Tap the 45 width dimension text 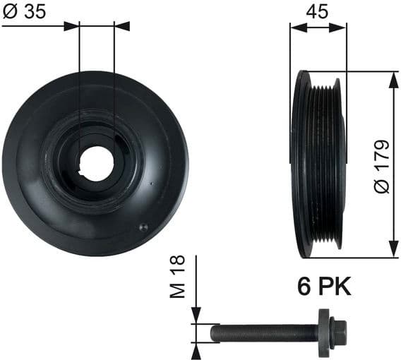click(318, 12)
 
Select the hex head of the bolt click(338, 330)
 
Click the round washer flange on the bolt click(324, 330)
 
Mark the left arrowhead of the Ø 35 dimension click(72, 26)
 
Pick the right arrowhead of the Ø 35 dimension click(121, 26)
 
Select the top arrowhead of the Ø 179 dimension click(390, 78)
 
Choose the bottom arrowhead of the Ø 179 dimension click(390, 251)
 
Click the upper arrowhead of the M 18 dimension click(197, 317)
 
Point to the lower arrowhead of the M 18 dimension click(197, 345)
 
